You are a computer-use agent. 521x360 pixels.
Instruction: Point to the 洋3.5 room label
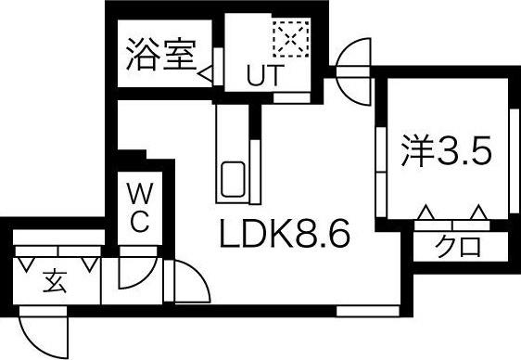[x=444, y=151]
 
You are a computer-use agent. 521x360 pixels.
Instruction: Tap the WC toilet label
[x=138, y=209]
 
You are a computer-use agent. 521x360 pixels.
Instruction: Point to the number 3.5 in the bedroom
[x=464, y=151]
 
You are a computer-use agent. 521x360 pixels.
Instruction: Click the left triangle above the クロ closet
[x=426, y=214]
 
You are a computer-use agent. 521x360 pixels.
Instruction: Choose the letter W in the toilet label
[x=138, y=195]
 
